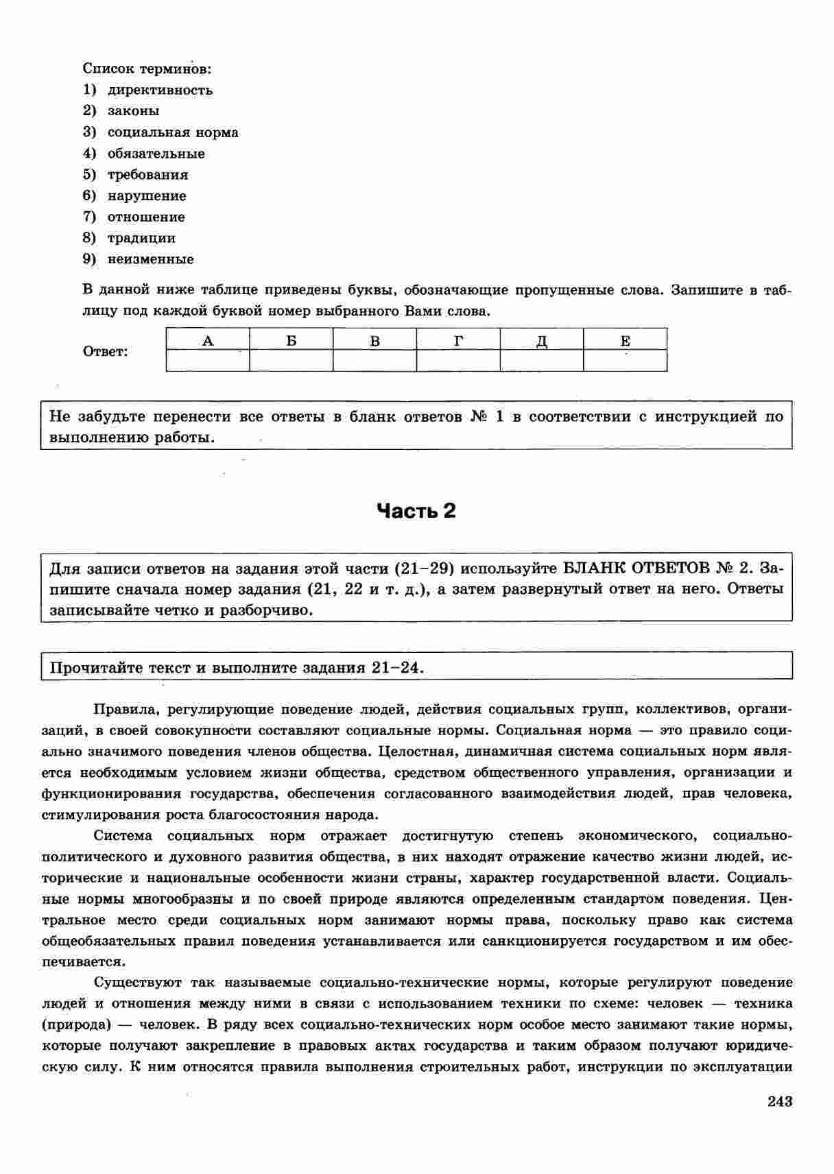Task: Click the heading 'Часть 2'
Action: pyautogui.click(x=416, y=511)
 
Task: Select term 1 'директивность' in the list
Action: pyautogui.click(x=160, y=90)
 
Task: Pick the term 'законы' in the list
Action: pyautogui.click(x=133, y=111)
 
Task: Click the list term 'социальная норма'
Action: pyautogui.click(x=173, y=132)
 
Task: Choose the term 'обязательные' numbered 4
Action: pyautogui.click(x=156, y=154)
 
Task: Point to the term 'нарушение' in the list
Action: pyautogui.click(x=147, y=196)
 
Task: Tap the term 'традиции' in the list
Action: pyautogui.click(x=141, y=239)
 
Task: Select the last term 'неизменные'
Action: pyautogui.click(x=150, y=260)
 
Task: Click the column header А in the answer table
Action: pyautogui.click(x=208, y=340)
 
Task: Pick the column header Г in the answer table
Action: pyautogui.click(x=458, y=340)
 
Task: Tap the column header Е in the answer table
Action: pyautogui.click(x=625, y=340)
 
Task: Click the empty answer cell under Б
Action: pyautogui.click(x=291, y=361)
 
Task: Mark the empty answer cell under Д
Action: pyautogui.click(x=542, y=361)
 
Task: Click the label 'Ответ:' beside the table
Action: pyautogui.click(x=105, y=352)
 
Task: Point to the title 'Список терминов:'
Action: pyautogui.click(x=147, y=69)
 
